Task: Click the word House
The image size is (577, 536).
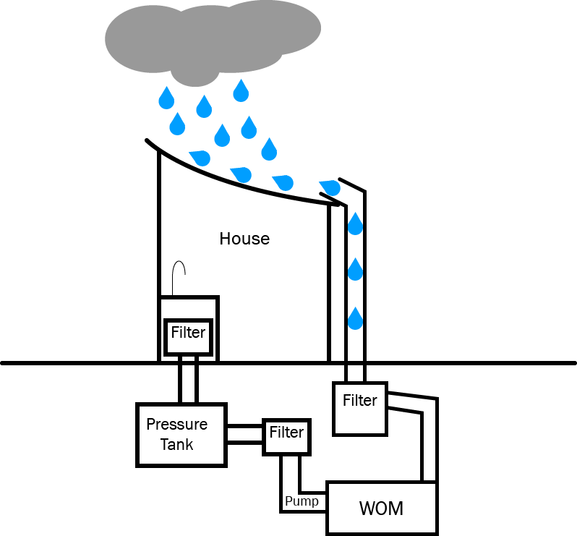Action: click(x=244, y=239)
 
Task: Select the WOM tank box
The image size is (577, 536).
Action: click(x=381, y=508)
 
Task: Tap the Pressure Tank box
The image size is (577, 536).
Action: click(x=181, y=434)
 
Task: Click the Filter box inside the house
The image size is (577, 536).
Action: click(x=188, y=335)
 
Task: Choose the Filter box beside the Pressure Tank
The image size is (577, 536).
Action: click(x=286, y=434)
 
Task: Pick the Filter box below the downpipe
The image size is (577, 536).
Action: click(x=360, y=408)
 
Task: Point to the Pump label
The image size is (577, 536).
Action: click(x=302, y=501)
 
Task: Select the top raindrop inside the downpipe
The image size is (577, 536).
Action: click(x=355, y=224)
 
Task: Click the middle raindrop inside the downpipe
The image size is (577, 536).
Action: click(x=355, y=270)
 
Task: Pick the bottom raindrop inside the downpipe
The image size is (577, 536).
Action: click(x=355, y=318)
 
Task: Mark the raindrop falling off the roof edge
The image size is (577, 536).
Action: click(x=329, y=186)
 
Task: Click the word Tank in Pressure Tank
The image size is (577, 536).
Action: click(x=176, y=444)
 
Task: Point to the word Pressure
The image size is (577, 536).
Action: click(x=177, y=424)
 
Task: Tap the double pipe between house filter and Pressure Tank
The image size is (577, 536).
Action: click(x=189, y=380)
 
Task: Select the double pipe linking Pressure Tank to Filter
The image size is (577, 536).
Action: click(x=244, y=434)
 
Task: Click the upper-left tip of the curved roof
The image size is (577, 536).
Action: click(x=148, y=141)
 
